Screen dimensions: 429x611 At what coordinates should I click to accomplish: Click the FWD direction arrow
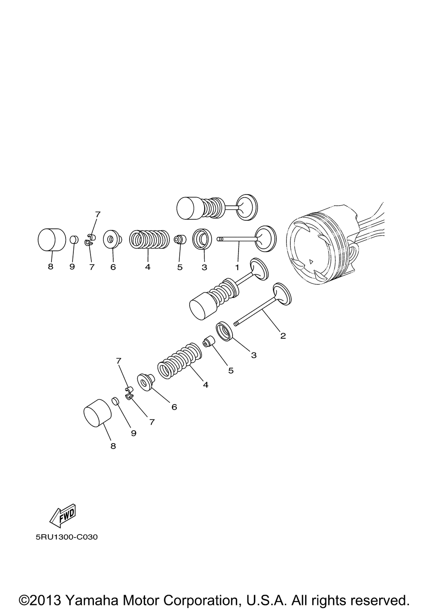[63, 516]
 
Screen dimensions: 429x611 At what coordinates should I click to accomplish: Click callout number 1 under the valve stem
[236, 267]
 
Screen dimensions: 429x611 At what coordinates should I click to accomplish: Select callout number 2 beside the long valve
[283, 335]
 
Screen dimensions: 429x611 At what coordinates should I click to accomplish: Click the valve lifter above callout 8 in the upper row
[51, 240]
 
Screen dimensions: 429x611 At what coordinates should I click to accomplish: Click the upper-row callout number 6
[113, 267]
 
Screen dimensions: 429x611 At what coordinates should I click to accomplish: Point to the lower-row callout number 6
[174, 407]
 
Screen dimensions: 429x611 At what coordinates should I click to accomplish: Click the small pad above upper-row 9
[74, 239]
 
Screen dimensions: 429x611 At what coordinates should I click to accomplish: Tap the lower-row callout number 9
[133, 433]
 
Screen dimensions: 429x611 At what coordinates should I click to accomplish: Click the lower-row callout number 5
[231, 370]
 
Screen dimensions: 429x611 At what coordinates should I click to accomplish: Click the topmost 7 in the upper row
[97, 214]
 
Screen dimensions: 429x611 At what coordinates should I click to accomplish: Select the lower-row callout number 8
[113, 446]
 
